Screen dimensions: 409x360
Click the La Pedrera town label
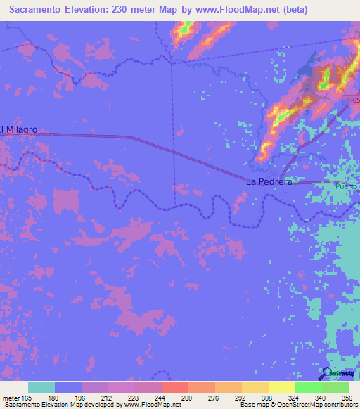(269, 181)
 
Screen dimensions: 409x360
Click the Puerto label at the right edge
(347, 186)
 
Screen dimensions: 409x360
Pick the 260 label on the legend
(186, 398)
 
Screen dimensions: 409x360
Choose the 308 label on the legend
(267, 398)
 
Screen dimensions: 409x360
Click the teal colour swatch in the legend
(41, 387)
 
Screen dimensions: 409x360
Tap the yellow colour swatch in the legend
(281, 387)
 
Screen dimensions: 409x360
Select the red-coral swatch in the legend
(174, 387)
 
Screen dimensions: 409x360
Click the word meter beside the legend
(11, 398)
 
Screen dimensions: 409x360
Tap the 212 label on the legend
(107, 398)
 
